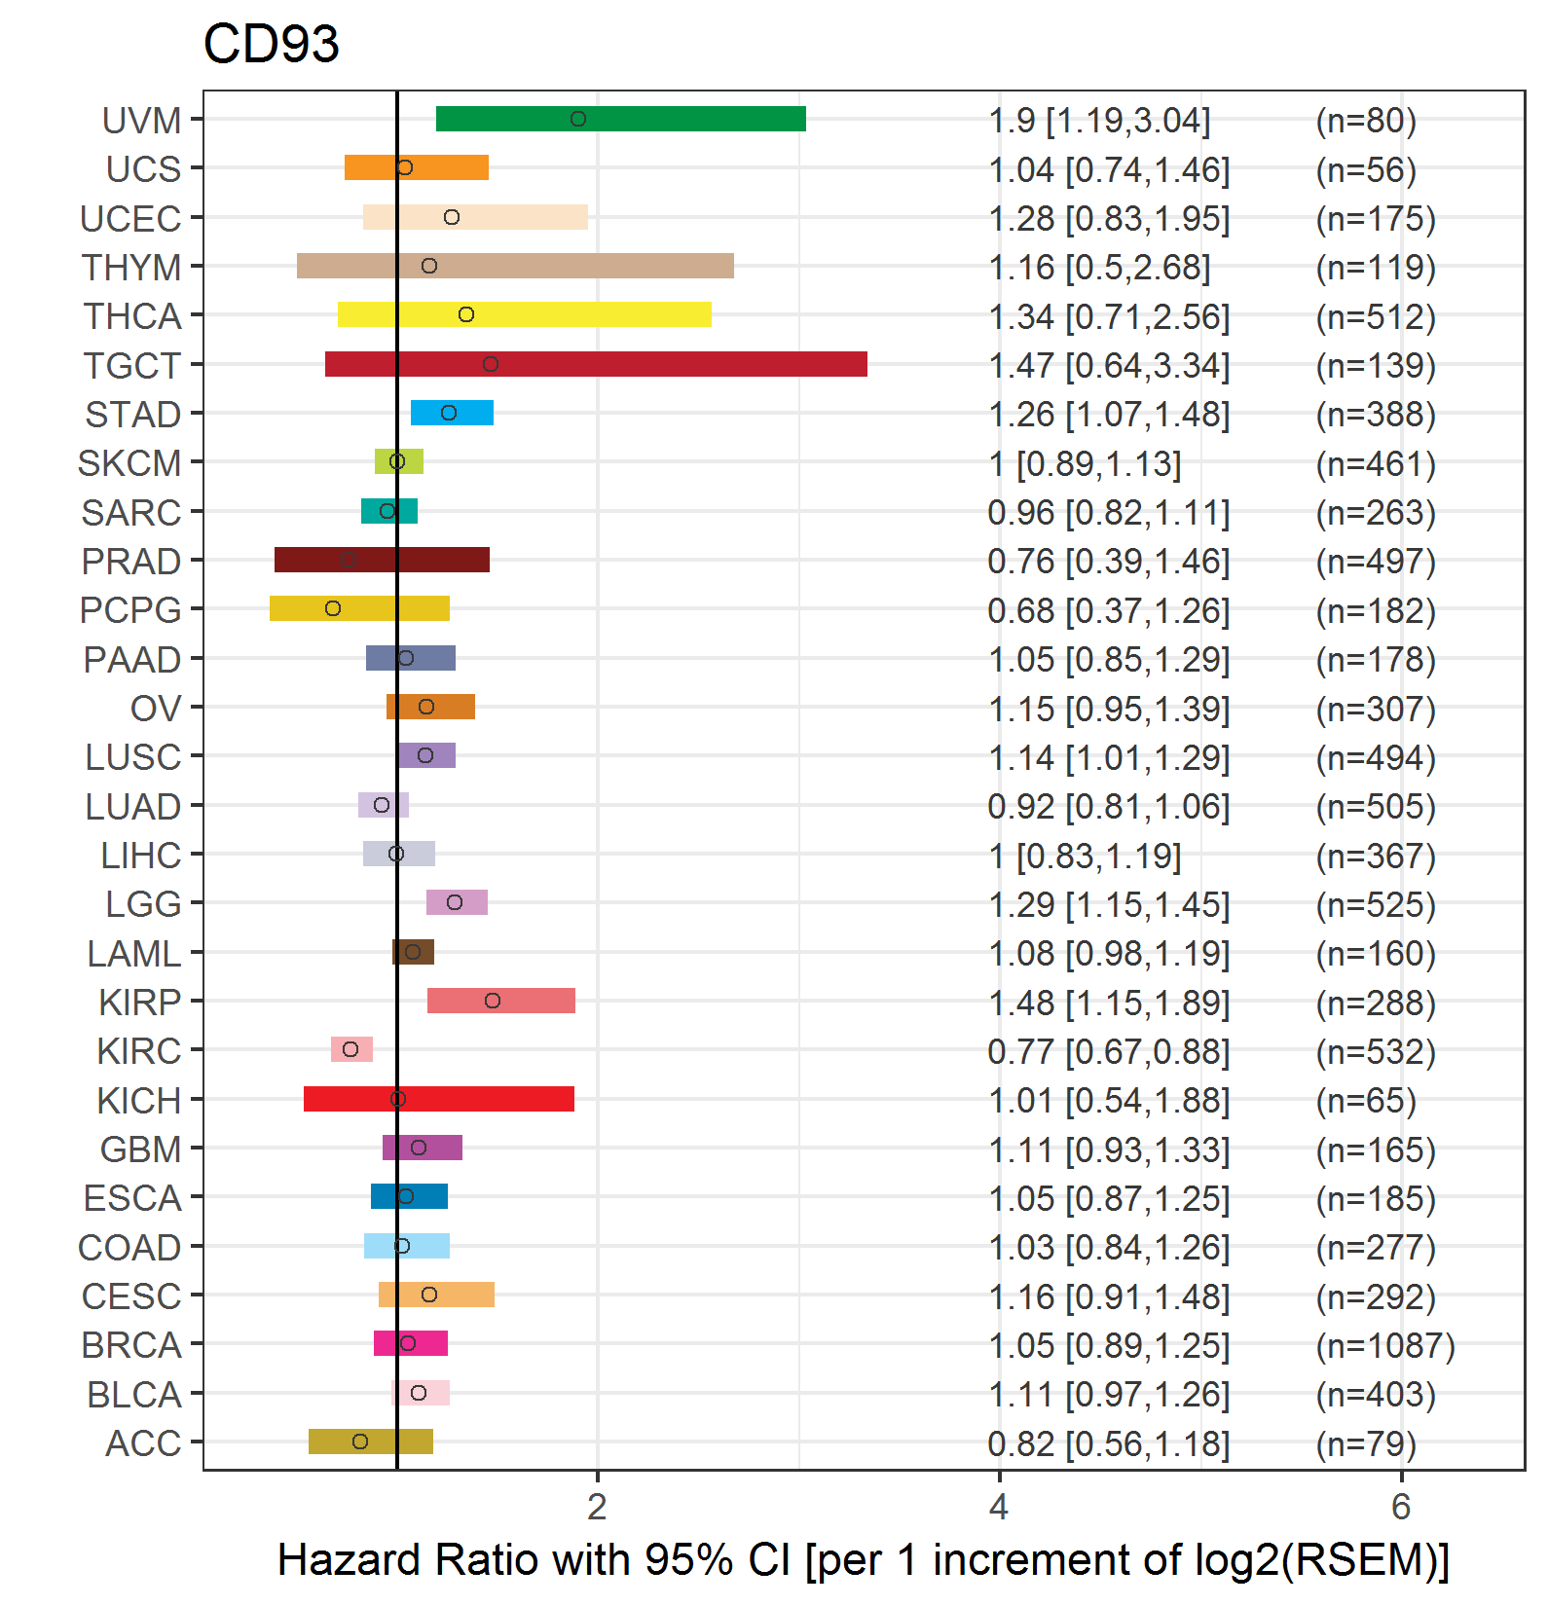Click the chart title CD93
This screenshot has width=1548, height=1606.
point(272,44)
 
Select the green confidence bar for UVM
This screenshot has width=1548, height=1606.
point(621,119)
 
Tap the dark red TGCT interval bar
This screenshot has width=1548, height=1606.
point(596,364)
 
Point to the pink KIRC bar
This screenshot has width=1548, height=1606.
point(351,1049)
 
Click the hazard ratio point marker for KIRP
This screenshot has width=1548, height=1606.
point(493,1001)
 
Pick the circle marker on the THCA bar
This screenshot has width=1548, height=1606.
point(466,314)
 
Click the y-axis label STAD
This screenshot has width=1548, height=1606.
point(133,415)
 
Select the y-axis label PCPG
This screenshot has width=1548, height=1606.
point(130,610)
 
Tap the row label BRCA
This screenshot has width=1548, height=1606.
point(131,1345)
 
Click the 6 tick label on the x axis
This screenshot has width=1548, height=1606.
point(1401,1508)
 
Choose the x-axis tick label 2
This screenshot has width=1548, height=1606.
point(598,1508)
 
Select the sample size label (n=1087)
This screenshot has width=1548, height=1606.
point(1385,1346)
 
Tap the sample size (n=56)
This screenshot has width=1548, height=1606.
point(1366,170)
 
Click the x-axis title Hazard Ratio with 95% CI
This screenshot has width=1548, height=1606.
point(534,1559)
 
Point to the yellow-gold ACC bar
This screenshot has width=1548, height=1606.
point(371,1442)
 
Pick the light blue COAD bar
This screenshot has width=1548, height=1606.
point(407,1246)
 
